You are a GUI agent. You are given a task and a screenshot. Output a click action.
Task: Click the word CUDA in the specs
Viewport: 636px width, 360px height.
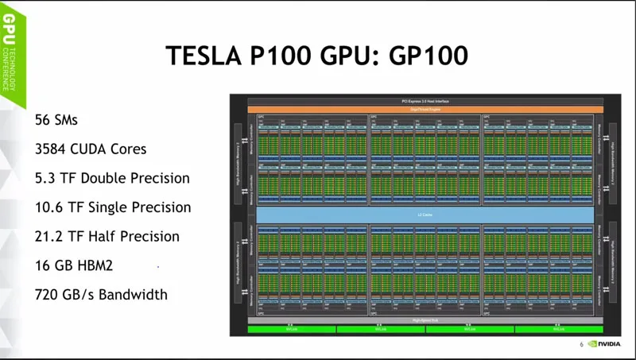(100, 149)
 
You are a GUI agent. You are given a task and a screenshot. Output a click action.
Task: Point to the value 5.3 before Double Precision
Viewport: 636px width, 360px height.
(45, 178)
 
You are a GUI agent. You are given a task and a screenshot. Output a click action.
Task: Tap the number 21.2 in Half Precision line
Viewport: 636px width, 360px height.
(49, 236)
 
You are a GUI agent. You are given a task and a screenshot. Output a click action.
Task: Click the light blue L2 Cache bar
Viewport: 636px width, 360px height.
(425, 215)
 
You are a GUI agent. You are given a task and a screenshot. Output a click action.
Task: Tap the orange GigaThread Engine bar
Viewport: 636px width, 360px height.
(421, 109)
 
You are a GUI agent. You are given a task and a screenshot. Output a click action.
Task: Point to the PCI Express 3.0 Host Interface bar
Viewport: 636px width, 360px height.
(421, 102)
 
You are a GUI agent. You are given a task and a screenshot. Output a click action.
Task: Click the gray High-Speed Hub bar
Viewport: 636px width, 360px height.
(421, 320)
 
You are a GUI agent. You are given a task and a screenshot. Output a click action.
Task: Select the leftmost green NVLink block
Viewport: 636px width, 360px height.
(291, 328)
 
